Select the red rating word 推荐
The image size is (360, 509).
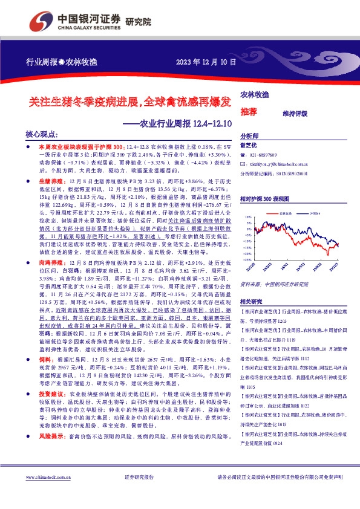click(248, 112)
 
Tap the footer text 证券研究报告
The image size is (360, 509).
click(139, 494)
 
